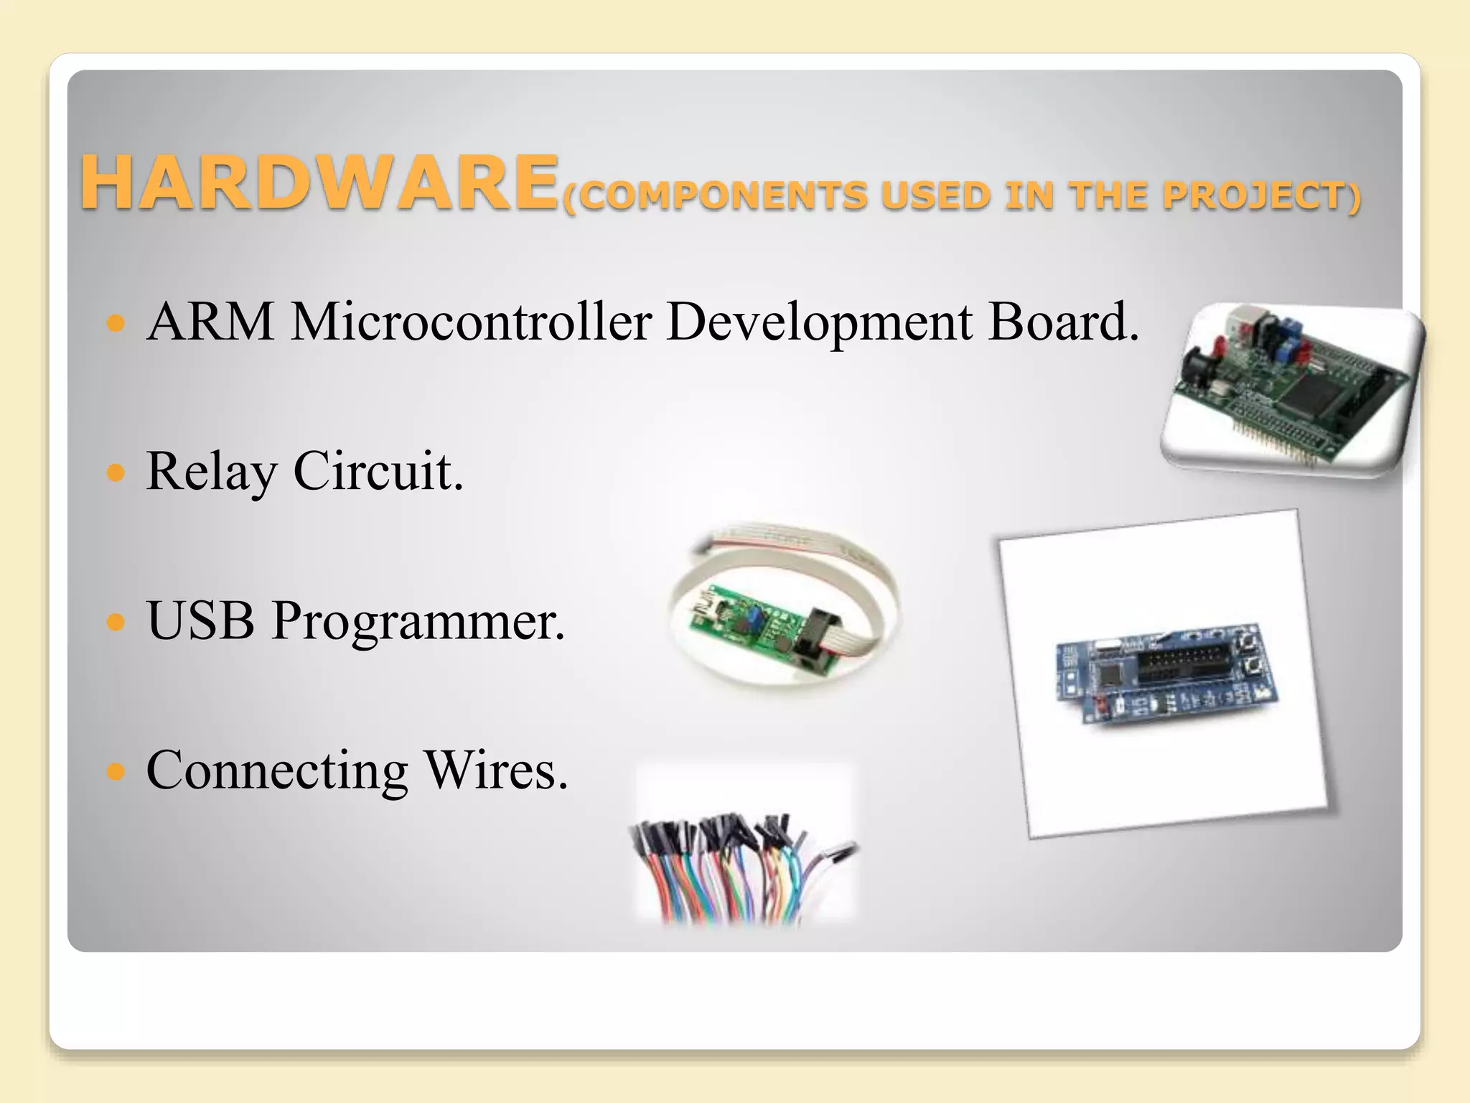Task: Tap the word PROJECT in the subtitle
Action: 1253,196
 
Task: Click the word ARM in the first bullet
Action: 210,321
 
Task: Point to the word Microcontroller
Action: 472,321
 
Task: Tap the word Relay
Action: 211,473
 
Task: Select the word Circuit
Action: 378,471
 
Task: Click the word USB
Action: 201,620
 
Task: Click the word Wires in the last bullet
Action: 496,770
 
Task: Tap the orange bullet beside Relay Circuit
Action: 116,473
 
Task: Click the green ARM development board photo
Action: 1292,388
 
